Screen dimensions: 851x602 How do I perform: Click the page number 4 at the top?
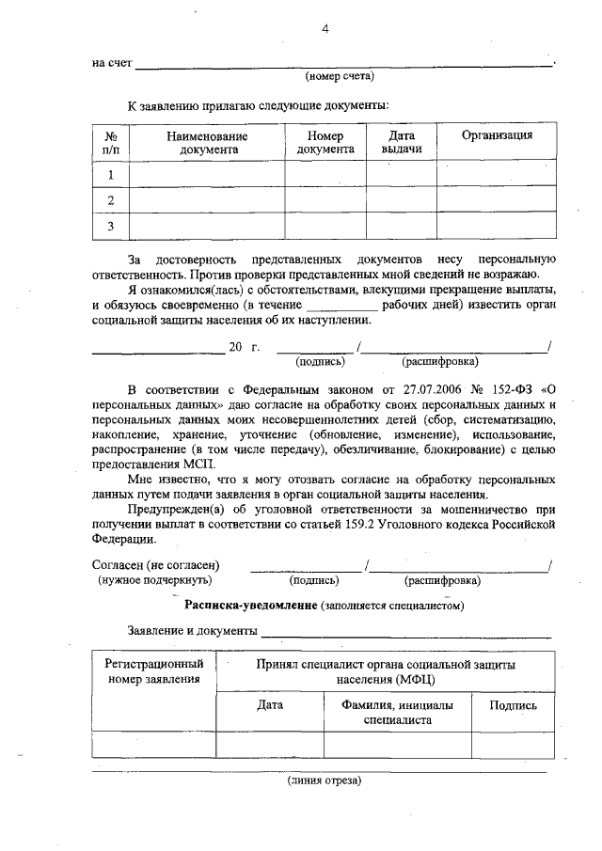pyautogui.click(x=325, y=30)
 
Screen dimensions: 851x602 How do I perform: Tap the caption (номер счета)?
pyautogui.click(x=340, y=75)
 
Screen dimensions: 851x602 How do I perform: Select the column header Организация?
pyautogui.click(x=497, y=135)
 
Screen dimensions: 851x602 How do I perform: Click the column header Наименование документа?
pyautogui.click(x=207, y=142)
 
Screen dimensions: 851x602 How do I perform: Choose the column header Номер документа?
pyautogui.click(x=325, y=142)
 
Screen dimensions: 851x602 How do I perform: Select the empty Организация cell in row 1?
pyautogui.click(x=497, y=174)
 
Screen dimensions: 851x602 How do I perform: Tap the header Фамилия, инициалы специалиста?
pyautogui.click(x=397, y=712)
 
